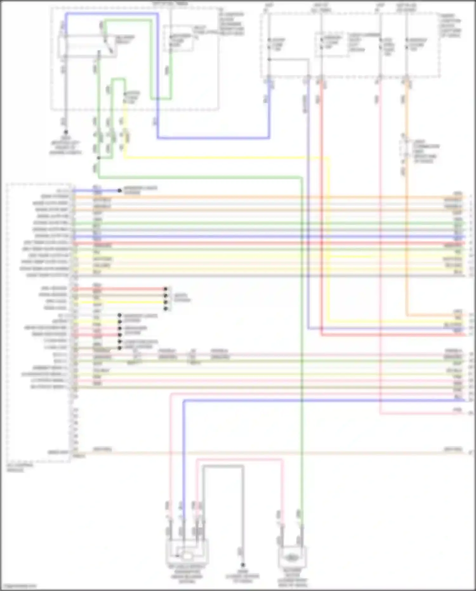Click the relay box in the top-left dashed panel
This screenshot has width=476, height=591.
pyautogui.click(x=87, y=47)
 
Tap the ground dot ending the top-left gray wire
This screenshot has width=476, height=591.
pyautogui.click(x=66, y=132)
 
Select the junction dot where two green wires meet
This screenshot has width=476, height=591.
pyautogui.click(x=99, y=158)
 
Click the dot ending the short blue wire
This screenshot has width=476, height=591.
pyautogui.click(x=120, y=191)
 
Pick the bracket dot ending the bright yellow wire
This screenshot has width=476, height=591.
pyautogui.click(x=165, y=302)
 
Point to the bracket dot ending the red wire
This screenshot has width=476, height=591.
pyautogui.click(x=165, y=289)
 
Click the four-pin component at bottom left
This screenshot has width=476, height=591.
pyautogui.click(x=187, y=554)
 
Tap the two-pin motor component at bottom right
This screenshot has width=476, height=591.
pyautogui.click(x=292, y=557)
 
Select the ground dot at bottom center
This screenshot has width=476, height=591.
pyautogui.click(x=243, y=565)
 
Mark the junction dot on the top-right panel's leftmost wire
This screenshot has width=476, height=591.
pyautogui.click(x=269, y=59)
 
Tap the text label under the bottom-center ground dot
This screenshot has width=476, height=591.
pyautogui.click(x=243, y=576)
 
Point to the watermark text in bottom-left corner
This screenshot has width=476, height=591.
pyautogui.click(x=18, y=586)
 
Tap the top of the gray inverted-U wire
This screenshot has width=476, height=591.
pyautogui.click(x=223, y=466)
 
